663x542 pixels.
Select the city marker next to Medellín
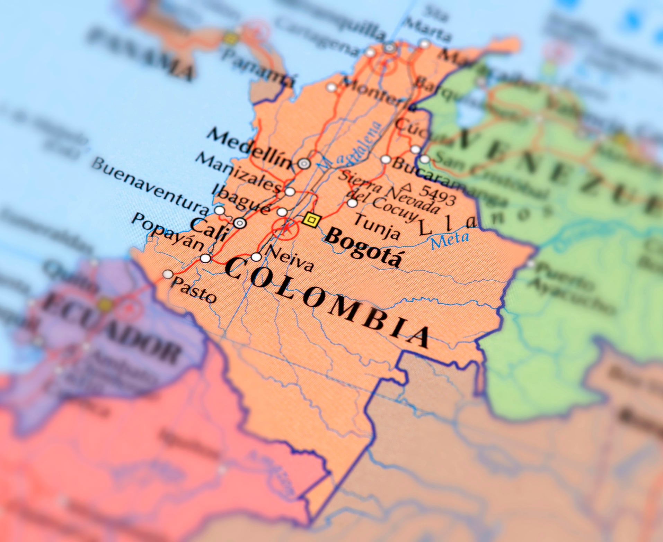pyautogui.click(x=304, y=164)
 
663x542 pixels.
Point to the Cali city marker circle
pyautogui.click(x=240, y=223)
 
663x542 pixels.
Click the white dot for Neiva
pyautogui.click(x=256, y=257)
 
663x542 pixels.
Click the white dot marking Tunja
pyautogui.click(x=352, y=203)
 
